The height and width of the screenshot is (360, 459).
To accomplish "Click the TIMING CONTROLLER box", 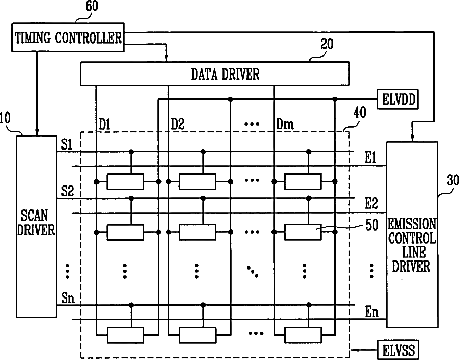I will (69, 38).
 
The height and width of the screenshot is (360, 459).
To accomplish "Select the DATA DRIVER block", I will (214, 73).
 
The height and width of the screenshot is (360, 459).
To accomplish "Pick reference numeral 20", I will (327, 45).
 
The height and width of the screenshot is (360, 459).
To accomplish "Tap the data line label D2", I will (178, 125).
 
